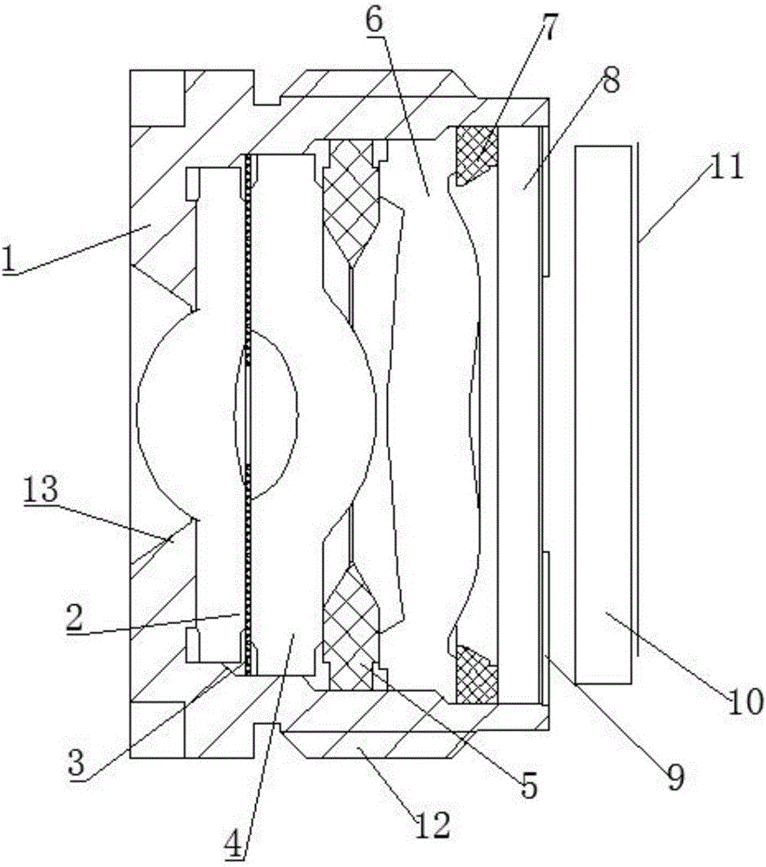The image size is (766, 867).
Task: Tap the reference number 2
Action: (74, 618)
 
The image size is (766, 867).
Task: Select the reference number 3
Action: (77, 762)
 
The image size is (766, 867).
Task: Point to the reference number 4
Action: (235, 844)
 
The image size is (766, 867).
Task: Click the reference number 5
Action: (528, 785)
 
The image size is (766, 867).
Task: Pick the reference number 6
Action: (374, 21)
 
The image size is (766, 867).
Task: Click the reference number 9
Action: (675, 777)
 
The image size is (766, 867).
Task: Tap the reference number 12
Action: (433, 825)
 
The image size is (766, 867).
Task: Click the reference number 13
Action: (40, 489)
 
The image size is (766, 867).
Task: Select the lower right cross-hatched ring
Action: (475, 675)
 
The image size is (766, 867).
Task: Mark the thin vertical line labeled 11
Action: (638, 399)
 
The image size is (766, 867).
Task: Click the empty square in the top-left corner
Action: (157, 98)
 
